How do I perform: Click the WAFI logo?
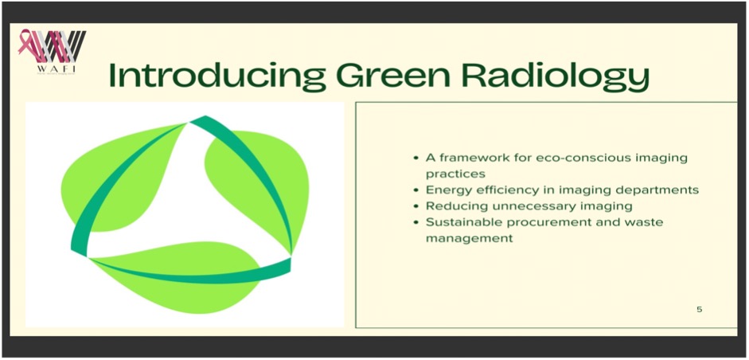point(53,52)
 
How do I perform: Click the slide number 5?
point(700,309)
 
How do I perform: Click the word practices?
point(455,174)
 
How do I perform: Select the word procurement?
point(529,223)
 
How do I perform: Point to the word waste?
point(646,222)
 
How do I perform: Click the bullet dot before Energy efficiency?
point(417,190)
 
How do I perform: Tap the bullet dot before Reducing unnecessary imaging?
point(417,206)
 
